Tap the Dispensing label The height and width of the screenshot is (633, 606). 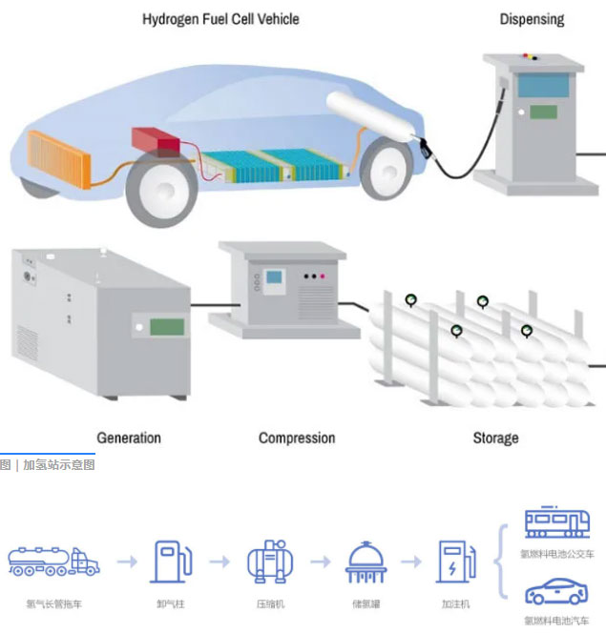pos(532,19)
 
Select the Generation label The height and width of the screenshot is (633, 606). pos(129,439)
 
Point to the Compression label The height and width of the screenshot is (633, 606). pos(297,439)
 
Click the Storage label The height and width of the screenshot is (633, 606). pos(495,439)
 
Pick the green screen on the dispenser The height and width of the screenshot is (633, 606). pos(543,112)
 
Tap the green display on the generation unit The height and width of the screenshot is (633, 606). pos(166,326)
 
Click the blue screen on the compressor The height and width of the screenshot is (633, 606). pos(274,280)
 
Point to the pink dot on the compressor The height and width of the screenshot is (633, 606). pos(323,276)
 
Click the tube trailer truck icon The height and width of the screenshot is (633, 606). pos(53,561)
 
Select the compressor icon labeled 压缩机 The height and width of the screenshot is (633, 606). pos(269,562)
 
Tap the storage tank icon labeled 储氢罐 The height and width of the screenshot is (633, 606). pos(366,562)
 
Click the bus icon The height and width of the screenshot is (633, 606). pos(557,523)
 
